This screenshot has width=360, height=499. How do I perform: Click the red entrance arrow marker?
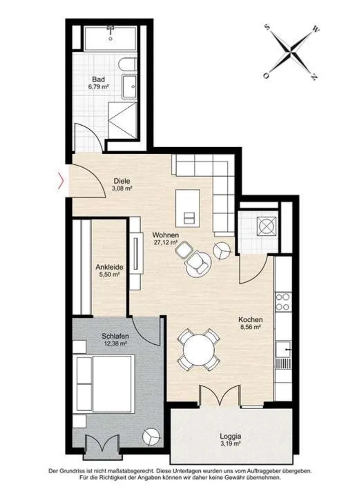coord(61,181)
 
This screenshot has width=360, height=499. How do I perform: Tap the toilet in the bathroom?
coord(127,64)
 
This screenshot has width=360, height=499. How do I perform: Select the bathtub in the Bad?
coord(110,38)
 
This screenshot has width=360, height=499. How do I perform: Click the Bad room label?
coord(99,79)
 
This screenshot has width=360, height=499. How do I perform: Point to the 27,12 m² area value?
coord(165,242)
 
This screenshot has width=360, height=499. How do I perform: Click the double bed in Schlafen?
coord(103,383)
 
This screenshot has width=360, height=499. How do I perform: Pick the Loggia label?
coord(230,436)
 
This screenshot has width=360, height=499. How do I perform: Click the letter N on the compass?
coord(314,77)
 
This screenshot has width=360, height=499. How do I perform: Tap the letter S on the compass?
coord(268,27)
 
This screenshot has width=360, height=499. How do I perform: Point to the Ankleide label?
coord(109,267)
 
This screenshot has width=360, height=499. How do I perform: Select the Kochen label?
coord(251,320)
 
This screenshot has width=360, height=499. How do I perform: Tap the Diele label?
coord(122,181)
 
